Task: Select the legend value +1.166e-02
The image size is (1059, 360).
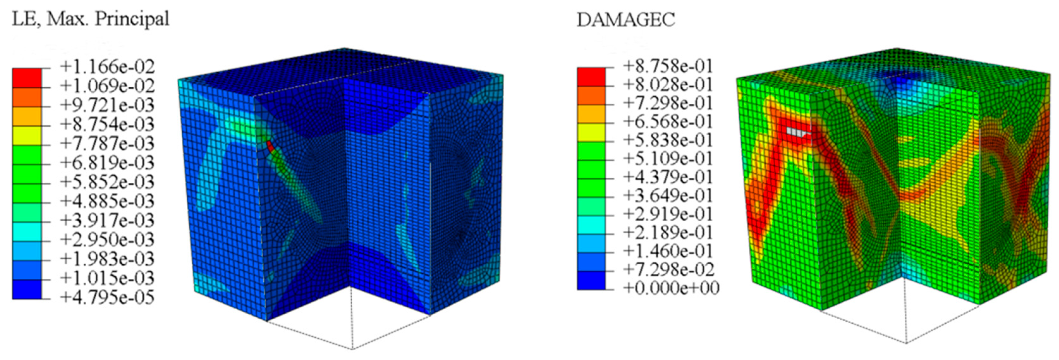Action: pos(107,66)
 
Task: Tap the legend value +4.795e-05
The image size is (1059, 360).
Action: pos(107,298)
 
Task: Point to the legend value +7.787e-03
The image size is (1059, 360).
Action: pos(107,143)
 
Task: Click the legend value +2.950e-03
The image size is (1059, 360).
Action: pos(107,239)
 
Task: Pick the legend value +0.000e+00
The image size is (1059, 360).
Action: pos(671,288)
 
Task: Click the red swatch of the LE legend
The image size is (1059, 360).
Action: pos(27,78)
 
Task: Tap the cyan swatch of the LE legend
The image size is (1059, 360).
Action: pos(27,231)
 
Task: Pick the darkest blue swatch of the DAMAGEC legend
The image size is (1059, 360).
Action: pos(591,280)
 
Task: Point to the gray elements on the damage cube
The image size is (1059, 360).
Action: pos(796,132)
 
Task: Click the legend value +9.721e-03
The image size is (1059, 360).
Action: pos(107,105)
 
